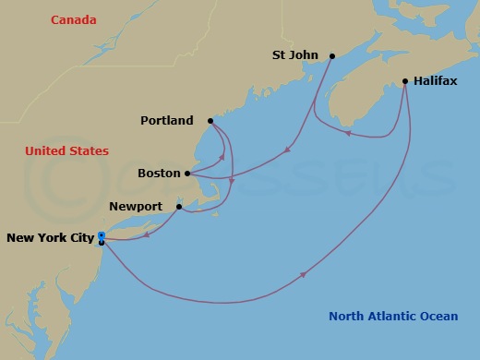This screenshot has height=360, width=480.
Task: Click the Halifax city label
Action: tap(435, 81)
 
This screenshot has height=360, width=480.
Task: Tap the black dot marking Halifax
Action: tap(405, 81)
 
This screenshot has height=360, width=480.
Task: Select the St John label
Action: tap(295, 55)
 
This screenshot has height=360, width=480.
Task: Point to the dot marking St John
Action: tap(329, 55)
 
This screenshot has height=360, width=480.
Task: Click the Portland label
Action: tap(167, 121)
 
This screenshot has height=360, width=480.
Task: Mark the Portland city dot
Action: tap(210, 121)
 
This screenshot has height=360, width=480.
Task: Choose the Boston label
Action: tap(159, 174)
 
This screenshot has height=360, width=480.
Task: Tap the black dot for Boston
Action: tap(187, 174)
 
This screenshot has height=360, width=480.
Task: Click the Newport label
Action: tap(136, 207)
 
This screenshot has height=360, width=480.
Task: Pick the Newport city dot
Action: tap(179, 207)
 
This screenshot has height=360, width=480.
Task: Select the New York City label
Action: tap(50, 238)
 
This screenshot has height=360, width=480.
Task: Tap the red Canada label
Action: tap(74, 19)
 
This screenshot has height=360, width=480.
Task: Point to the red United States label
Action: tap(66, 151)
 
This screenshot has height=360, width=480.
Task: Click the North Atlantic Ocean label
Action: tap(393, 317)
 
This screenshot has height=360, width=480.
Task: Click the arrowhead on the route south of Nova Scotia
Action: tap(348, 133)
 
